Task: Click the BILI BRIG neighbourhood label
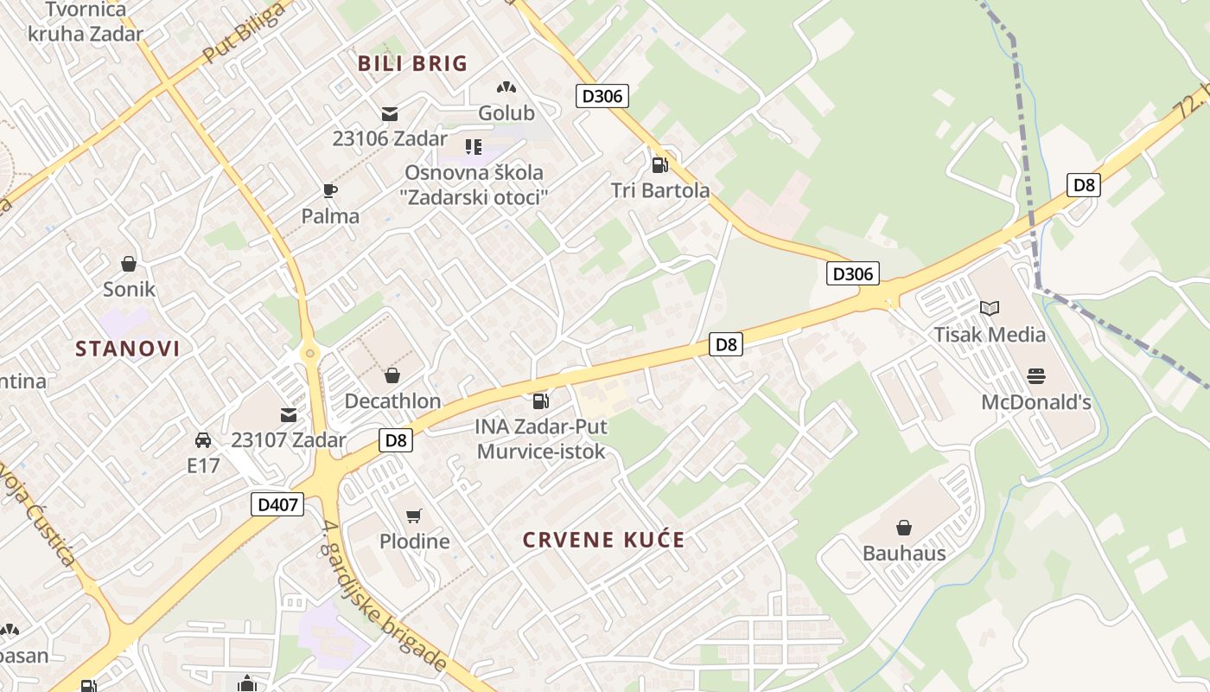[412, 63]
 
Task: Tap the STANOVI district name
[128, 349]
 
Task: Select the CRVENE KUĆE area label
[603, 541]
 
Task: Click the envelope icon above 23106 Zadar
[390, 113]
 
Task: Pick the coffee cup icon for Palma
[329, 190]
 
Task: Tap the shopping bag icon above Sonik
[129, 263]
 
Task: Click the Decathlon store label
[392, 401]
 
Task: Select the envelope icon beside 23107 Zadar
[288, 415]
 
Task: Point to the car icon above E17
[203, 440]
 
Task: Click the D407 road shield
[278, 504]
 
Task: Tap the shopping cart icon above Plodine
[414, 516]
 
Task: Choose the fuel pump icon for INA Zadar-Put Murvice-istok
[540, 400]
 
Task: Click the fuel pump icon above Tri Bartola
[659, 164]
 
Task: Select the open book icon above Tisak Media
[990, 308]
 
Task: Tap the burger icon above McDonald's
[1036, 376]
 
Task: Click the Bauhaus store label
[904, 553]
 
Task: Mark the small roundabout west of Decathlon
[309, 353]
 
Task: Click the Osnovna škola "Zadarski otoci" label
[475, 184]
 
